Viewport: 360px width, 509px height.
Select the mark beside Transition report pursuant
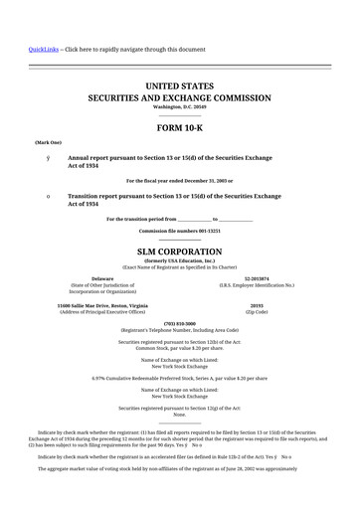click(34, 197)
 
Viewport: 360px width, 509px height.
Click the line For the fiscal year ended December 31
click(179, 180)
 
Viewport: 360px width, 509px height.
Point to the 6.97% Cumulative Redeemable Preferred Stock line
click(179, 378)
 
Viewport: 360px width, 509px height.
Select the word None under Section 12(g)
click(179, 415)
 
